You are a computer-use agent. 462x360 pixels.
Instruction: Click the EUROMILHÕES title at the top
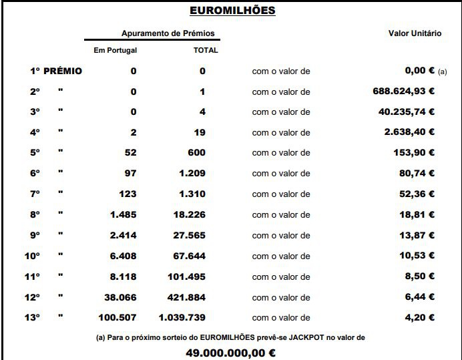tap(232, 11)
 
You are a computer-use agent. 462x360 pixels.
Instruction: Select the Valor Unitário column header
tap(415, 33)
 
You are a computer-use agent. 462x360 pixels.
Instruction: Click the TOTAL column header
tap(206, 50)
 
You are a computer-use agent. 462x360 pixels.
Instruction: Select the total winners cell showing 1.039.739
tap(182, 318)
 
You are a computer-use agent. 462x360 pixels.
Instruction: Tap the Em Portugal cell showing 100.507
tap(117, 318)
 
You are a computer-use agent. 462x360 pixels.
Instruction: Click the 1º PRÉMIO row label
tap(56, 71)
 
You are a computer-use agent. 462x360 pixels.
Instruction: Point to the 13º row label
tap(32, 318)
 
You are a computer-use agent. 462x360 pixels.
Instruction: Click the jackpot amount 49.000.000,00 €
tap(231, 353)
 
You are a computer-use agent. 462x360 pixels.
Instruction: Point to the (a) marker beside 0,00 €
tap(442, 72)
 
